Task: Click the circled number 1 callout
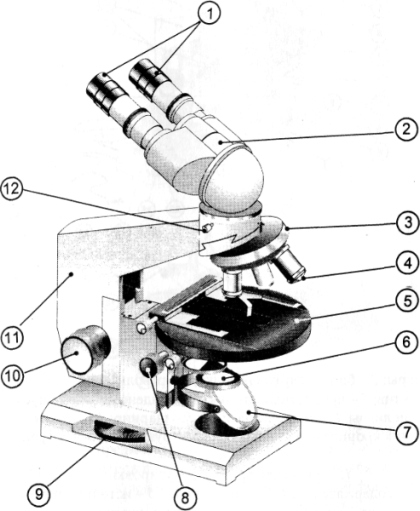point(209,14)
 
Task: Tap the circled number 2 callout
point(406,129)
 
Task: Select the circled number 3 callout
point(407,222)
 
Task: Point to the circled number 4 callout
point(407,263)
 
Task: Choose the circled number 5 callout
point(407,301)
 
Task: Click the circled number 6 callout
point(406,342)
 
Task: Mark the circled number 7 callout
point(406,433)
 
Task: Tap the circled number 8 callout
point(185,497)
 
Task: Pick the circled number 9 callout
point(39,494)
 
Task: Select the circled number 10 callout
point(13,376)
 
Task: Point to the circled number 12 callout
point(11,189)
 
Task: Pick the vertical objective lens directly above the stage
point(232,283)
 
